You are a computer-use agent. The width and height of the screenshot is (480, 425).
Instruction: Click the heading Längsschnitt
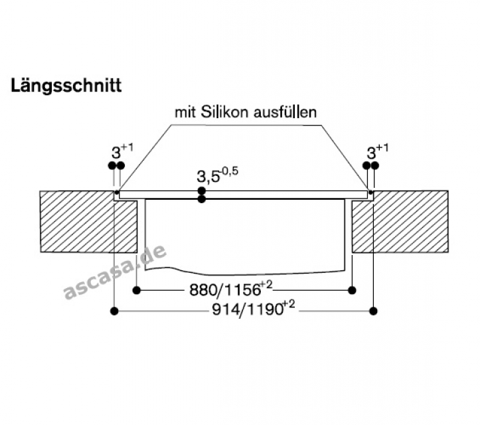click(66, 86)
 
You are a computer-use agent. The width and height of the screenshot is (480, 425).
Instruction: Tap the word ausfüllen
click(285, 112)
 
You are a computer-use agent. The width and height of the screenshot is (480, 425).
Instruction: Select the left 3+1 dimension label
click(122, 151)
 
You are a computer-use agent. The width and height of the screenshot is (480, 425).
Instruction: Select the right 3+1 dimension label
click(378, 151)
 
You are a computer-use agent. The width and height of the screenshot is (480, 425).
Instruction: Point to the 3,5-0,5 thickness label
click(217, 175)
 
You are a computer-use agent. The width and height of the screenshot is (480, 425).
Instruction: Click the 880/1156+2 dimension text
click(231, 290)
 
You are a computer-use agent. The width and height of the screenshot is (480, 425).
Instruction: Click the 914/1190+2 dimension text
click(254, 309)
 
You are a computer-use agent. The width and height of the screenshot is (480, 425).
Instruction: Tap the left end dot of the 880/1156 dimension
click(137, 290)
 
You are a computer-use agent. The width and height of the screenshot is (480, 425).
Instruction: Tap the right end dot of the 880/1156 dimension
click(353, 290)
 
